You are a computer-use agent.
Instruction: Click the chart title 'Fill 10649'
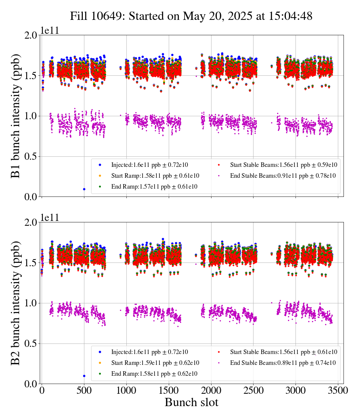click(x=98, y=16)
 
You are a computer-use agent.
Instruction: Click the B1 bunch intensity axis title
click(x=15, y=116)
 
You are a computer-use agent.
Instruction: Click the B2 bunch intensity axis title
click(x=15, y=303)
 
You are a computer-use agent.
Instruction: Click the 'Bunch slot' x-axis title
click(x=192, y=402)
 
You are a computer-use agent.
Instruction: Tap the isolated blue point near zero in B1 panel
click(x=84, y=189)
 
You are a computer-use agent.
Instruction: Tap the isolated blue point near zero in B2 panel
click(x=84, y=376)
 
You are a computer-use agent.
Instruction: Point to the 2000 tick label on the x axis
click(x=211, y=390)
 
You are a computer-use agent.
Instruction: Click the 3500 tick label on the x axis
click(x=338, y=390)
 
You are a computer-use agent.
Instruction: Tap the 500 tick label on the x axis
click(x=84, y=390)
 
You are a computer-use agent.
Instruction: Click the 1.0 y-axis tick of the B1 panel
click(x=31, y=116)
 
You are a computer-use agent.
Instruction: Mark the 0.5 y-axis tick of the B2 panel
click(x=31, y=343)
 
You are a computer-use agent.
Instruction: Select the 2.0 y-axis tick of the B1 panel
click(x=31, y=35)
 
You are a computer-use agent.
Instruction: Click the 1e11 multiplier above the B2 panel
click(x=49, y=217)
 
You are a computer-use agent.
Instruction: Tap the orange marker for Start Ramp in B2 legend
click(x=100, y=363)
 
